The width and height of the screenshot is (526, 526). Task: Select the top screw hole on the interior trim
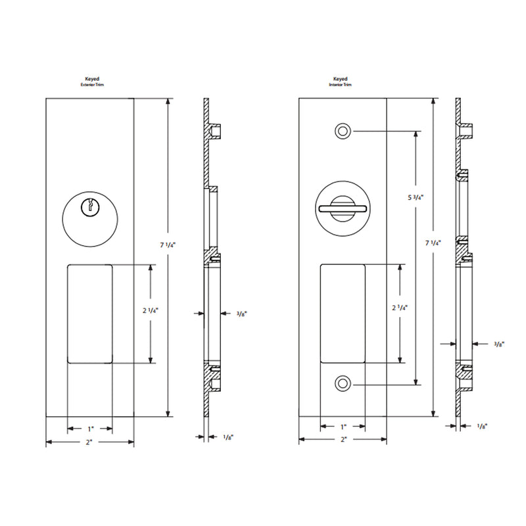(x=342, y=131)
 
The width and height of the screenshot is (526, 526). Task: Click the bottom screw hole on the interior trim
(x=342, y=384)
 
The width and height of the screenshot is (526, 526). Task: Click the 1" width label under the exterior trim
(x=89, y=429)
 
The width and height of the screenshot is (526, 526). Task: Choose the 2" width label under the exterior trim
(x=89, y=444)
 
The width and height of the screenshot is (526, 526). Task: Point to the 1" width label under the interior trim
(x=343, y=426)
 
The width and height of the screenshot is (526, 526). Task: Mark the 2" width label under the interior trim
(x=343, y=441)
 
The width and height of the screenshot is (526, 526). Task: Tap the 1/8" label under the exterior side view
(x=228, y=437)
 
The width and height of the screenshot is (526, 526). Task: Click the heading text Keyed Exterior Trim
(x=89, y=82)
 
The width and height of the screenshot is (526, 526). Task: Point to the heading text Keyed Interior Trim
(x=341, y=82)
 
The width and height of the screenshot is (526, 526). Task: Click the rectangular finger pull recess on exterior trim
(x=89, y=313)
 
